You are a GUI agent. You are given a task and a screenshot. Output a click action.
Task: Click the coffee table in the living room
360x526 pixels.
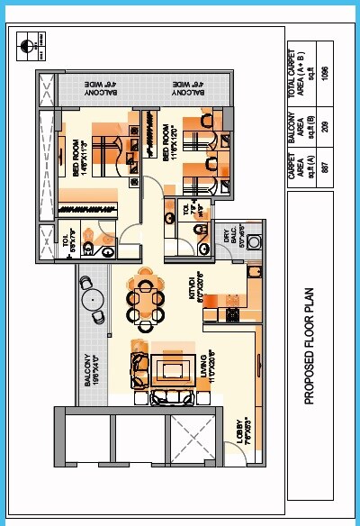coord(169,369)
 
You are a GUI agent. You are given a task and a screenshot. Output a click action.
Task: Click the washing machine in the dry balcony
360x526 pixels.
coord(254,241)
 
